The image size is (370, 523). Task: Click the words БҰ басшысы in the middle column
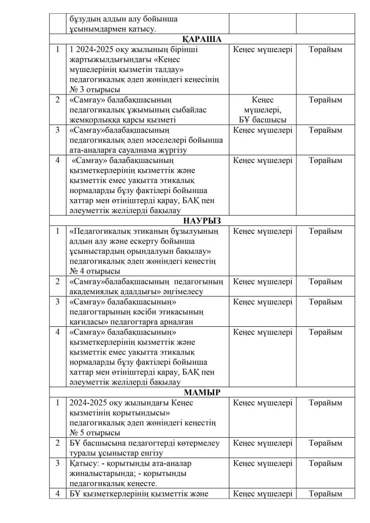[263, 120]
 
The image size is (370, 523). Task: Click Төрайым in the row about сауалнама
[326, 130]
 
